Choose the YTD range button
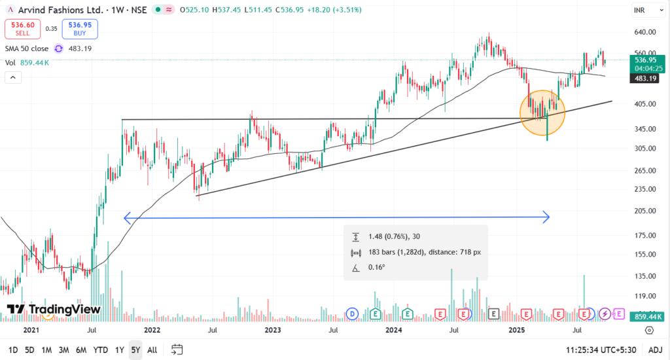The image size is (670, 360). coord(100,350)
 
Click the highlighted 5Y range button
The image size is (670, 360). coord(135,350)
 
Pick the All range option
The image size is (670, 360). coord(152,350)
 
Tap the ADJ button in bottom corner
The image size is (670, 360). coord(655,350)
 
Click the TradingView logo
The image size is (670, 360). coord(54,309)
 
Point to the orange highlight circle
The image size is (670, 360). coord(542,112)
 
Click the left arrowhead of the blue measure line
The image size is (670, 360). coord(126,217)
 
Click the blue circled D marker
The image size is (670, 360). coord(353,314)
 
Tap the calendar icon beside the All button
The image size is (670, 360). coord(177,350)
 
